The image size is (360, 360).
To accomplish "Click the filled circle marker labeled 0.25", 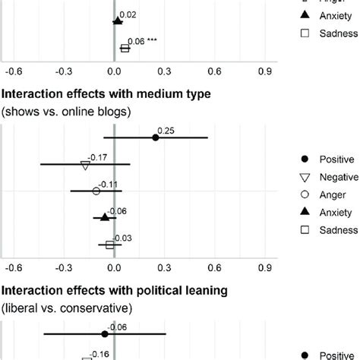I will pos(156,137).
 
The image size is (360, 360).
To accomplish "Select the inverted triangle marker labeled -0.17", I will pos(85,164).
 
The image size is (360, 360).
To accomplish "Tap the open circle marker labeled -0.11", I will pos(96,191).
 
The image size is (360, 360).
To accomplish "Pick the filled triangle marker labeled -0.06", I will pos(104,217).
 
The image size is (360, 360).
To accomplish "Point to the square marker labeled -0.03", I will pos(109,245).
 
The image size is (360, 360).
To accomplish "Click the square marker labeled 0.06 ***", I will pos(125,49).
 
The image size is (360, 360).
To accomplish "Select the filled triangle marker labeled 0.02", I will pos(117,21).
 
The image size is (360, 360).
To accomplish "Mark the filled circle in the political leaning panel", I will pos(104,333).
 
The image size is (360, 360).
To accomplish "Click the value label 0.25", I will pos(166,131).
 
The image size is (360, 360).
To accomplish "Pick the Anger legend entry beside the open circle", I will pos(333,194).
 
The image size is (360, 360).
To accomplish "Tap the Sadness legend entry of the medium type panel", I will pos(338,231).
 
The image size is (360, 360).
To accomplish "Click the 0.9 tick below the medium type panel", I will pos(264,267).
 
